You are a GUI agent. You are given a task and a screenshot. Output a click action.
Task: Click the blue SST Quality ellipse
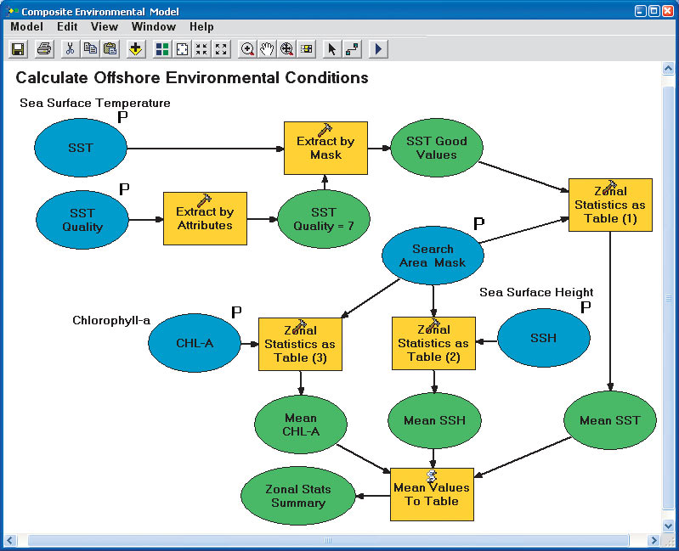(82, 219)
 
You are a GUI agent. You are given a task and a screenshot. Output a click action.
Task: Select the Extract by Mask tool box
(325, 148)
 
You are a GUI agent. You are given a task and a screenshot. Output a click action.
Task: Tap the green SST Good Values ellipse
(436, 148)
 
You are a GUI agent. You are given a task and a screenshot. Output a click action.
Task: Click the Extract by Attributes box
(205, 218)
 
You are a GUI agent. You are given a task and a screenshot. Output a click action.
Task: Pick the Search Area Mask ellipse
(433, 256)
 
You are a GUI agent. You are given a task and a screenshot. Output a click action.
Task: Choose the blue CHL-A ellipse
(195, 344)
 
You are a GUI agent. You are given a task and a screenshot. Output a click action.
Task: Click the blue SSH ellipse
(543, 338)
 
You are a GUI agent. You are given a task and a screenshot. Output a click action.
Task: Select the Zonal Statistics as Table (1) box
(609, 205)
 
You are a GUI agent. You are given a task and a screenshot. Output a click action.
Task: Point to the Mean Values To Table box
(432, 494)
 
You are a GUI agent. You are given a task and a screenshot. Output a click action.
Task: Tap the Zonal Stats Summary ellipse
(297, 496)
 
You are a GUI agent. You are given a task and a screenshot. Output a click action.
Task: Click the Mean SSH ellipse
(434, 420)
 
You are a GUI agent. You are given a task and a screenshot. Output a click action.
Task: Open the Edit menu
(67, 27)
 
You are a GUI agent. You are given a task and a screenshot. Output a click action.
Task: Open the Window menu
(153, 27)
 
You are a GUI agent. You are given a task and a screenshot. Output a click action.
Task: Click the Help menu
(201, 27)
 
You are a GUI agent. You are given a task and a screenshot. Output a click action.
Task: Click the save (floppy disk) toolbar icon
(17, 48)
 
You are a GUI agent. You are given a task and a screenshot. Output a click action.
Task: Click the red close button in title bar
(669, 11)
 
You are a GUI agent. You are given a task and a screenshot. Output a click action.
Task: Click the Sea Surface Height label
(536, 292)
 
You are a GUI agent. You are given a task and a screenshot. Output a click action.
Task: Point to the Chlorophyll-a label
(111, 320)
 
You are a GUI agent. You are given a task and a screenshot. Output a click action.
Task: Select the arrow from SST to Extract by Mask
(205, 148)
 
